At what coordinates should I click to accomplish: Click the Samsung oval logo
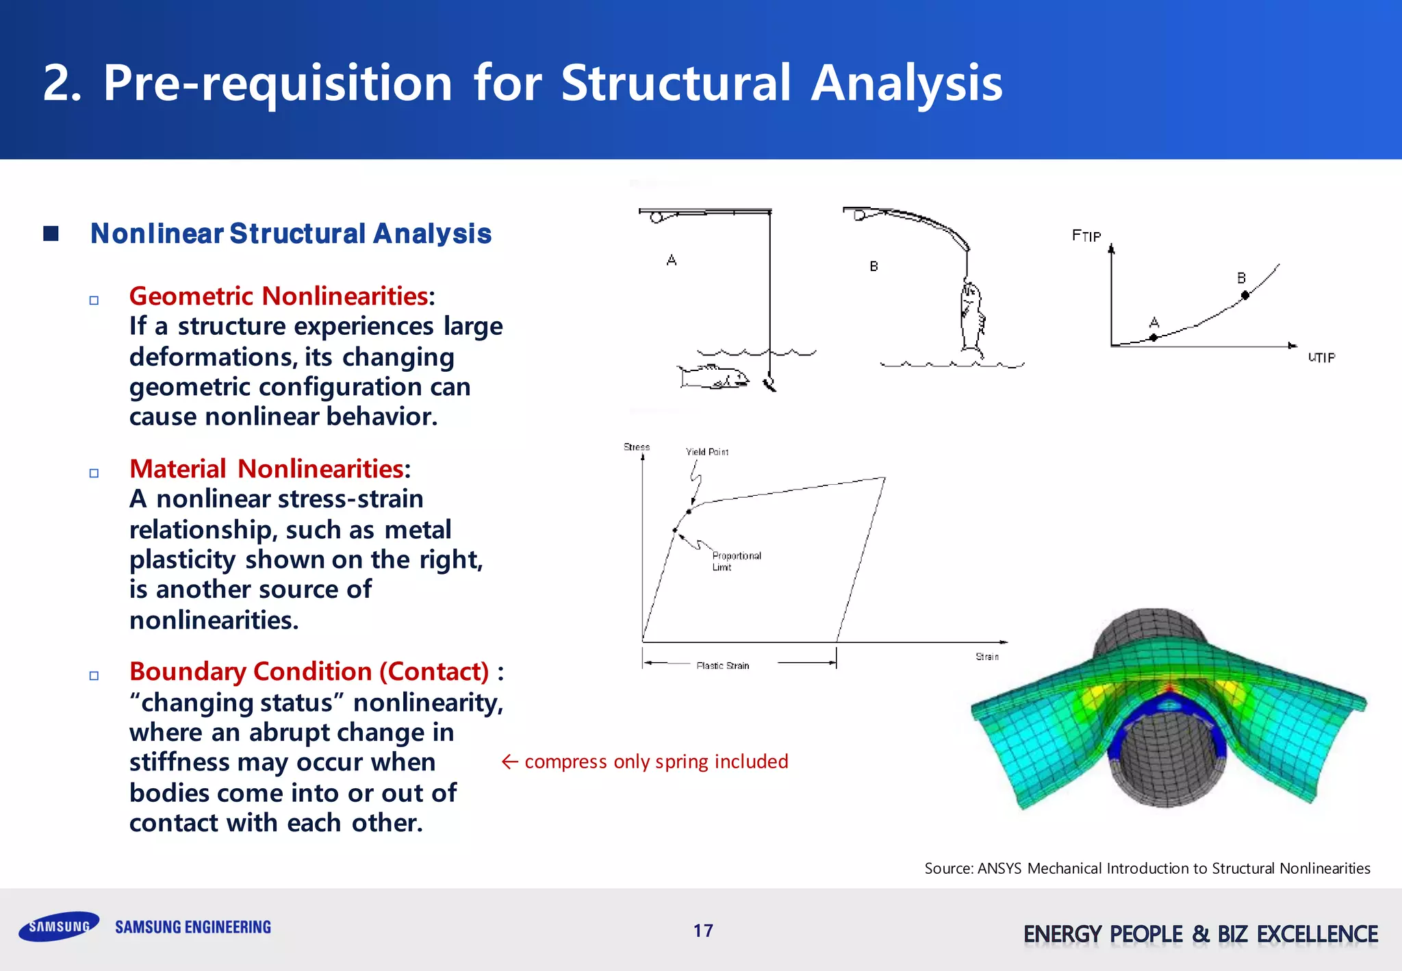point(59,926)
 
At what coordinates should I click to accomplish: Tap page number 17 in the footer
point(703,931)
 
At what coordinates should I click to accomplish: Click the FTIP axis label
point(1086,236)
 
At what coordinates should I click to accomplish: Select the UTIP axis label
point(1321,357)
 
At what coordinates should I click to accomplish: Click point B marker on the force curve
point(1245,295)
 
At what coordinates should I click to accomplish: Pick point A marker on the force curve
point(1154,337)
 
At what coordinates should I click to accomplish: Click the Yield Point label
point(707,452)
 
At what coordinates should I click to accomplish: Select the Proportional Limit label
point(736,561)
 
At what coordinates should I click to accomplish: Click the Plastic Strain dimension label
point(723,666)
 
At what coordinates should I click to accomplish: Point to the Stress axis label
point(637,447)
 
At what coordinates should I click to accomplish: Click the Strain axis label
point(986,657)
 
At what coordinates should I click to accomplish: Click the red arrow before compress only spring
point(510,761)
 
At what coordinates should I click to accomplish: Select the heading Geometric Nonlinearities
point(279,297)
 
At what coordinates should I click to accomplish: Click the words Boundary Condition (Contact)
point(309,672)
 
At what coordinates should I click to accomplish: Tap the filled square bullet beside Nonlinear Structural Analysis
point(51,234)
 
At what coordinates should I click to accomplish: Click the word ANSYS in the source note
point(999,868)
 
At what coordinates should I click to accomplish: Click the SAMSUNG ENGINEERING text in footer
point(193,927)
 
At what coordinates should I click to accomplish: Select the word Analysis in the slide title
point(906,83)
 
